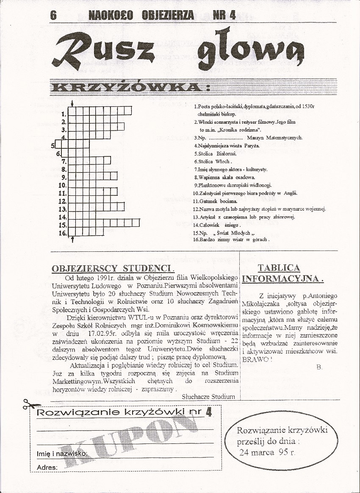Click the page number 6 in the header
(x=53, y=15)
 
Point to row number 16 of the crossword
(x=63, y=233)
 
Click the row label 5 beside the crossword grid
(x=53, y=146)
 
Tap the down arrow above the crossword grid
(x=73, y=103)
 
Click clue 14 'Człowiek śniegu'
(x=217, y=225)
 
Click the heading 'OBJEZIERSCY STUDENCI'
(x=113, y=268)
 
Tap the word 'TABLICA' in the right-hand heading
(x=279, y=268)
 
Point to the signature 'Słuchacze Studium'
(x=208, y=397)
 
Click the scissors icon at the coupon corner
(x=30, y=405)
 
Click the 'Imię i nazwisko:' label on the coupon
(x=62, y=454)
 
